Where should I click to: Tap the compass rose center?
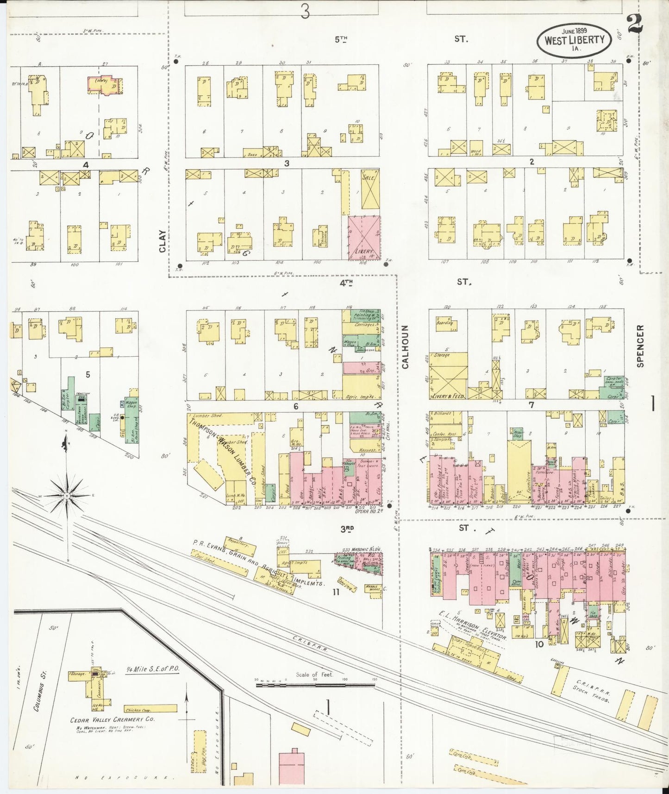(x=68, y=496)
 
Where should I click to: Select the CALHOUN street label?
(x=406, y=347)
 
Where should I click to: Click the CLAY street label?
(x=162, y=241)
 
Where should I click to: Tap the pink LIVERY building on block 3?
(x=364, y=237)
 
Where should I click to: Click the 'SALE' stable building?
(x=369, y=190)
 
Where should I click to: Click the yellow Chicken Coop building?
(x=150, y=709)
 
